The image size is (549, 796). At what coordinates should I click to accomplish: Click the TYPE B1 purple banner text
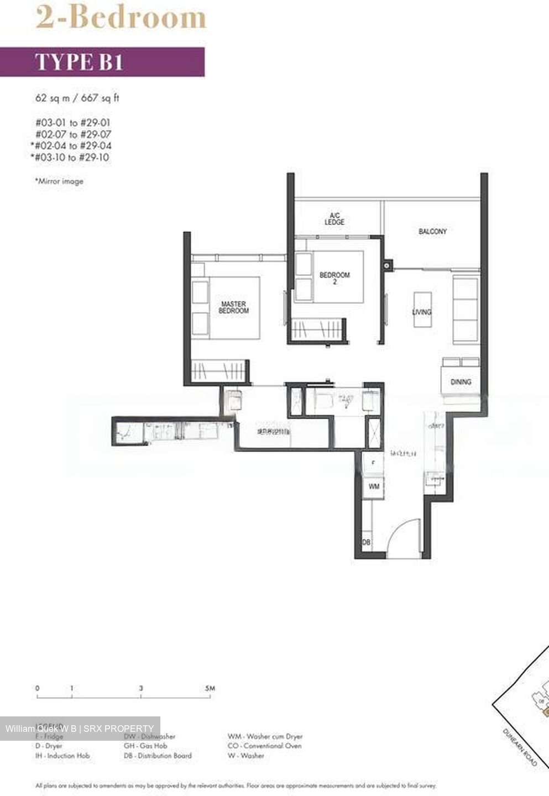(79, 62)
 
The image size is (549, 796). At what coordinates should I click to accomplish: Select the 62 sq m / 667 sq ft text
(77, 98)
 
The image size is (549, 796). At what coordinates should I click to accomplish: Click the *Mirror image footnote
(59, 181)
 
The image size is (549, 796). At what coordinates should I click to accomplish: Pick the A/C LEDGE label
(334, 218)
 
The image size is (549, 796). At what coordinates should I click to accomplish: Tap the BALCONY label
(432, 231)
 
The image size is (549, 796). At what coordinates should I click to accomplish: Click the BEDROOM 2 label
(334, 278)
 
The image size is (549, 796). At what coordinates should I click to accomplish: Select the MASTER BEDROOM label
(233, 307)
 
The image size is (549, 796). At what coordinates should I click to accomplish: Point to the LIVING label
(422, 312)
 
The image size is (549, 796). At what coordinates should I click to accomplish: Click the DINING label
(461, 381)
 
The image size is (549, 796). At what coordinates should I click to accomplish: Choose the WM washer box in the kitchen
(374, 486)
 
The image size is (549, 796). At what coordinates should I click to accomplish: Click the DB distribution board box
(366, 543)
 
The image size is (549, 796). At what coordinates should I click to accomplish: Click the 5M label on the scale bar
(210, 688)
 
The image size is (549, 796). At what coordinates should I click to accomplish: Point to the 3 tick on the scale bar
(141, 688)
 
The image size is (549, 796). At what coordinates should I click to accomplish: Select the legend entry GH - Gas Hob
(145, 746)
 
